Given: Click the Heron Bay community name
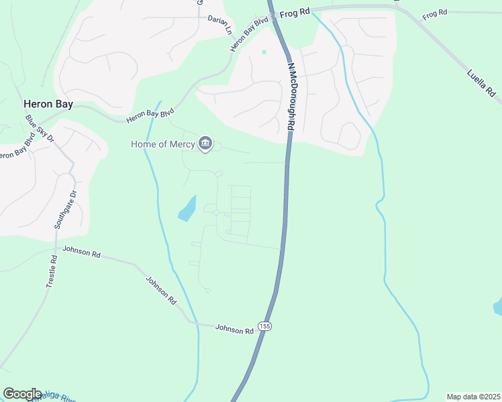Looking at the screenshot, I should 48,104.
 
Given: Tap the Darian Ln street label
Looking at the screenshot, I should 219,25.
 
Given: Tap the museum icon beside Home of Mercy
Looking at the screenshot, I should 205,144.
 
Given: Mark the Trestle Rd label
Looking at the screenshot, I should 52,272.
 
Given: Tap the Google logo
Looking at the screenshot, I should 22,394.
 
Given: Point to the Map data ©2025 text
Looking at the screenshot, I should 473,397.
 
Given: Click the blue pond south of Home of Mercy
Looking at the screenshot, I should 187,209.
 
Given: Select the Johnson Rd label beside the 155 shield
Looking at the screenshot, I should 234,329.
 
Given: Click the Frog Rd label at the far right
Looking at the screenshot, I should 435,13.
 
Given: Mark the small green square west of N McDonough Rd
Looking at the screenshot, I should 264,52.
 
